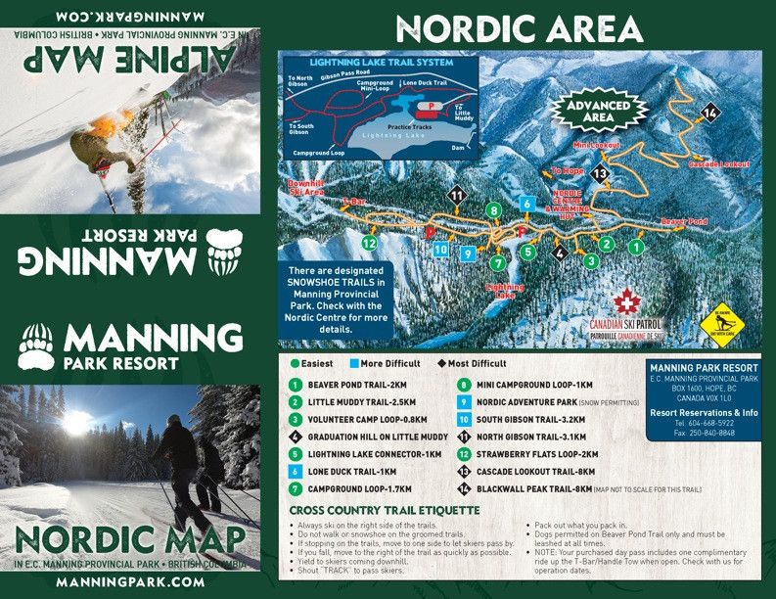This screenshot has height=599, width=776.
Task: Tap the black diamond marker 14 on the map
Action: pos(709,114)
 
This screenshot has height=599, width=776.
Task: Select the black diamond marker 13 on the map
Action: pos(601,173)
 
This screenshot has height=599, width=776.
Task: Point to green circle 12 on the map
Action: pos(369,243)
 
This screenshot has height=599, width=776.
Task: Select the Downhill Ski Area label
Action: pos(305,188)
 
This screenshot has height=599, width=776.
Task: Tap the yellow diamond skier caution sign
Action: pos(723,324)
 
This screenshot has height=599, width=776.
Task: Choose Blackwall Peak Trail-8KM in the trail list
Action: pos(541,488)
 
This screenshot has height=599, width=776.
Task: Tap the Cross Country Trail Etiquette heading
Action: pos(385,511)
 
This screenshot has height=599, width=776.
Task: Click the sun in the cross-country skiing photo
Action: pos(76,422)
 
